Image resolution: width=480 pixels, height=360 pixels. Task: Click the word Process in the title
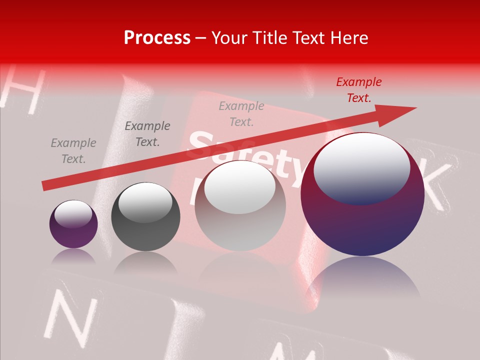point(157,38)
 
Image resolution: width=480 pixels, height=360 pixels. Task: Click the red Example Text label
point(358,90)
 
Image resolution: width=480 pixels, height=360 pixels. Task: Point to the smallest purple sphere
point(73,224)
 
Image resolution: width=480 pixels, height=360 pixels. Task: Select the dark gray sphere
point(145,216)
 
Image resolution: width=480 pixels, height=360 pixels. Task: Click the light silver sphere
point(240,205)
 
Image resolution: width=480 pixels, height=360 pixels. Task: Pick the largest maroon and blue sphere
point(362,194)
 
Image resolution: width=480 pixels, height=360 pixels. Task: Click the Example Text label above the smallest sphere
point(73,151)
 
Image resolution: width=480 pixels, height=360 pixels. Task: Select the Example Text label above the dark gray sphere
point(147,134)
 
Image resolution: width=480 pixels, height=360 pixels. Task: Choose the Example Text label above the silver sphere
point(241,114)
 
